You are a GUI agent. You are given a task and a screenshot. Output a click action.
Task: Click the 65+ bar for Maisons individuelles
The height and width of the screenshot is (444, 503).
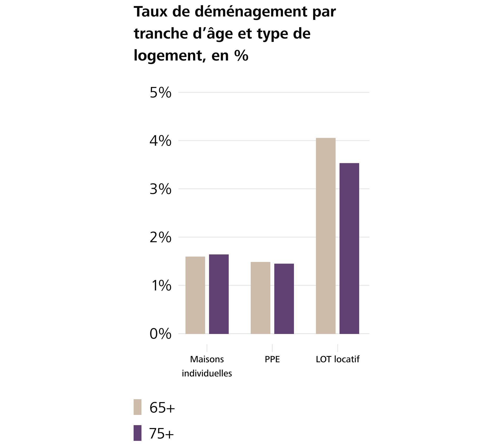195,295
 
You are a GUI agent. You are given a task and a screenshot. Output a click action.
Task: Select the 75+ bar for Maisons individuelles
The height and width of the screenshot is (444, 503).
219,294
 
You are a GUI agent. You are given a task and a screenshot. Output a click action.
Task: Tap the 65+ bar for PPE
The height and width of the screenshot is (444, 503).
260,298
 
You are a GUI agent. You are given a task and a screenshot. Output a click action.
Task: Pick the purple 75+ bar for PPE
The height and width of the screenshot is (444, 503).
284,299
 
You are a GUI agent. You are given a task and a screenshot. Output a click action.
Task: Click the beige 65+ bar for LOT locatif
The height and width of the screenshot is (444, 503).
326,236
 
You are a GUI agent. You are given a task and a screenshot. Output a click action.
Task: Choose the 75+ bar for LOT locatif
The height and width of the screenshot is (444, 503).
349,248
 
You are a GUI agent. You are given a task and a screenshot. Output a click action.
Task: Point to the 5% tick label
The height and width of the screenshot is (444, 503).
160,93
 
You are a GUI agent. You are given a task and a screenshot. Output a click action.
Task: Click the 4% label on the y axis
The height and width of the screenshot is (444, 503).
160,141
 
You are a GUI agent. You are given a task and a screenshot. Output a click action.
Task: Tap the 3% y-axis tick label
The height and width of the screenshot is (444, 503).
160,189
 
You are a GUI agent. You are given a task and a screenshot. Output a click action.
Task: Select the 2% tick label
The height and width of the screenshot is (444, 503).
160,238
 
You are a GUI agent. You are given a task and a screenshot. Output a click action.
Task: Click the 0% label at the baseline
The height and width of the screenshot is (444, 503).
160,334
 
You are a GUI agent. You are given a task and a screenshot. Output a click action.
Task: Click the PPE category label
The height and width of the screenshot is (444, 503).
272,359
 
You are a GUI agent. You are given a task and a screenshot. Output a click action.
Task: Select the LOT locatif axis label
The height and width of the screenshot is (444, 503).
337,359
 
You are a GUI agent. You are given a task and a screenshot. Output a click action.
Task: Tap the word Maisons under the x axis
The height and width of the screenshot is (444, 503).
207,359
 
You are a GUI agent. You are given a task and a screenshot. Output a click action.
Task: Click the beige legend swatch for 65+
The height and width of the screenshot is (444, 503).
138,407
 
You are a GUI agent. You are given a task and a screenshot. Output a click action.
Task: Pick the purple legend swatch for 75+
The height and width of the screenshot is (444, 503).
138,433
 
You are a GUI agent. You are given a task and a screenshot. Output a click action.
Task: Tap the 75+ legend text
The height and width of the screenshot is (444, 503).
161,434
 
